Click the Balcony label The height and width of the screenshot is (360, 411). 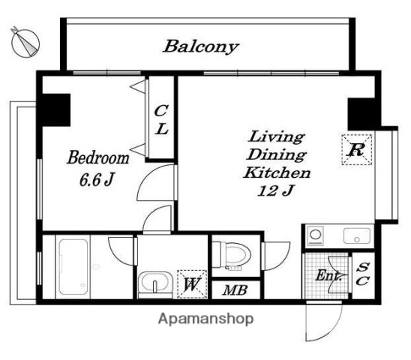(201, 46)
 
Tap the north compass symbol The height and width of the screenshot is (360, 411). (25, 43)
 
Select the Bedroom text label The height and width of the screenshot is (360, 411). (98, 157)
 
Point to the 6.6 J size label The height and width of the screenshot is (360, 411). (97, 179)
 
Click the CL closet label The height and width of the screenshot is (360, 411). (161, 119)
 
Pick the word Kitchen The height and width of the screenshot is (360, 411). (277, 172)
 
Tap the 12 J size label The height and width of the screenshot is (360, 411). (275, 190)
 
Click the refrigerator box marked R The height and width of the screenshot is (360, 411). (357, 150)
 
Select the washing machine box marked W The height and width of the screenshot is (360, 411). (192, 284)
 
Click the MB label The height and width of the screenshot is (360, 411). (235, 290)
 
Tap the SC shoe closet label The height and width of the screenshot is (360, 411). (362, 274)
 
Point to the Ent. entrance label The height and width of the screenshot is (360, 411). (328, 275)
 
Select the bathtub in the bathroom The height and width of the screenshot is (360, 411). (73, 267)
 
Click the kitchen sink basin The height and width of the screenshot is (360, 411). (357, 235)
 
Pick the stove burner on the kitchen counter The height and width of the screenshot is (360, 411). (316, 235)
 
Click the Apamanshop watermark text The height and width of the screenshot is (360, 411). (205, 319)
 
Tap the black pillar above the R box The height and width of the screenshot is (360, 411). (361, 114)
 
